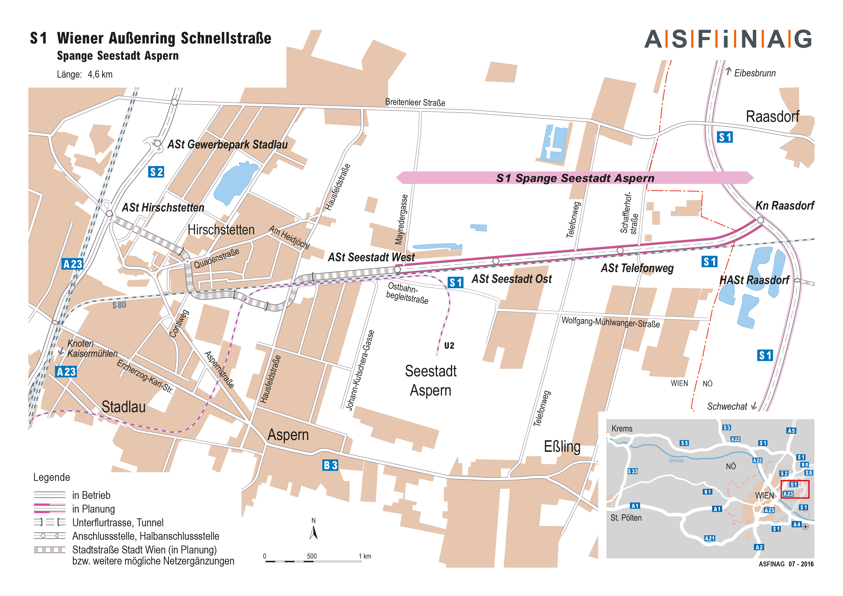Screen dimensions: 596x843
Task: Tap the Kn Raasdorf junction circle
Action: pyautogui.click(x=760, y=220)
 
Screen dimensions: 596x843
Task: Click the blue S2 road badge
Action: pyautogui.click(x=156, y=172)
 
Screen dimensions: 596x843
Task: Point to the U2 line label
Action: pyautogui.click(x=449, y=346)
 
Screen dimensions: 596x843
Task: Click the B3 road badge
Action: pyautogui.click(x=330, y=465)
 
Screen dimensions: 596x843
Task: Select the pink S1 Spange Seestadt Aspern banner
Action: pyautogui.click(x=575, y=178)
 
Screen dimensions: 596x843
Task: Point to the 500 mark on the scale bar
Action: pyautogui.click(x=312, y=556)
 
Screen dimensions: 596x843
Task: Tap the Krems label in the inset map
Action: pyautogui.click(x=622, y=428)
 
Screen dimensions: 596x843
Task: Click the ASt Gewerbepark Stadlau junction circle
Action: pyautogui.click(x=157, y=143)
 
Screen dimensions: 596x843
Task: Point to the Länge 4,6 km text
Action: pyautogui.click(x=84, y=74)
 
